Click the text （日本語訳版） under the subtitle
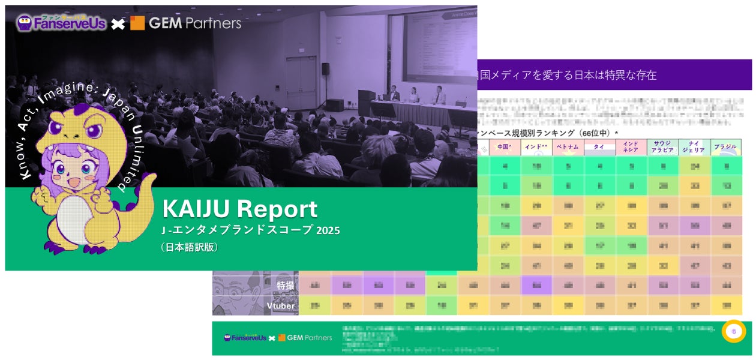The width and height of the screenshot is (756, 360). (189, 246)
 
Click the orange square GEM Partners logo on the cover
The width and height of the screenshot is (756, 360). (137, 23)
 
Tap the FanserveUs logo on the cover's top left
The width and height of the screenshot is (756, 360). (61, 23)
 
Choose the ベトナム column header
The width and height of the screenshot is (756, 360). (567, 146)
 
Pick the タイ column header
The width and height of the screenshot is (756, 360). (599, 146)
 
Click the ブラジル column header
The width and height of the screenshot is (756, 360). (725, 146)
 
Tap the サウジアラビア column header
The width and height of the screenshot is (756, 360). (662, 147)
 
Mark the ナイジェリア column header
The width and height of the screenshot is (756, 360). (694, 147)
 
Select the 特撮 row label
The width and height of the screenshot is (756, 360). (285, 286)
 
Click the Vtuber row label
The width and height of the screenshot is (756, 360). (280, 306)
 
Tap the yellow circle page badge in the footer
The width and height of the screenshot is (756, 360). (734, 331)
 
